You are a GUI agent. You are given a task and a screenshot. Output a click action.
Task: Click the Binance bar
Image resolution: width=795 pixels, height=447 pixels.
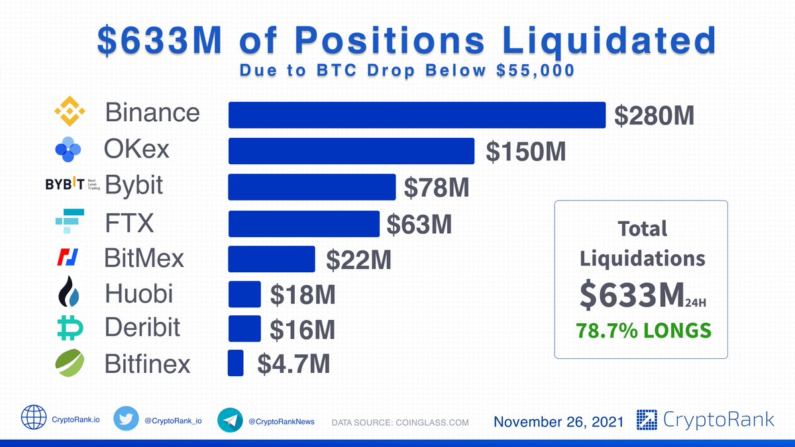(417, 115)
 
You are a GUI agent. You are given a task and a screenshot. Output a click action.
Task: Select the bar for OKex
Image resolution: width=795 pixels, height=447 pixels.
(351, 151)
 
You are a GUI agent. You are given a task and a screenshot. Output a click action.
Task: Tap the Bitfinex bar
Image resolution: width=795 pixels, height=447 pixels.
(236, 364)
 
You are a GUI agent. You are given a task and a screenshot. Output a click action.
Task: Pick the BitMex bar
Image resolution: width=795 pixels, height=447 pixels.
(272, 259)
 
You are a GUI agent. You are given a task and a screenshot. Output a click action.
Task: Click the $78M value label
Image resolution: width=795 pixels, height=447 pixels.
(437, 188)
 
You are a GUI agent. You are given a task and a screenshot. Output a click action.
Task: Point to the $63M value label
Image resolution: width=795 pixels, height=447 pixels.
(419, 224)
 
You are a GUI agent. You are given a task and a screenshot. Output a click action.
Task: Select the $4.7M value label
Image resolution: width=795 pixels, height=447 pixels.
(293, 364)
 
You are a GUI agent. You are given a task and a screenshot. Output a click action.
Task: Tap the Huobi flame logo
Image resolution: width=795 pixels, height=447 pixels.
(68, 293)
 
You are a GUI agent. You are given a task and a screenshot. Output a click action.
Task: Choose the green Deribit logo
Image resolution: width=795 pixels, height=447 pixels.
(68, 328)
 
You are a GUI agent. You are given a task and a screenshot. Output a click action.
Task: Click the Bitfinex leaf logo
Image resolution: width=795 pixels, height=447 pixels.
(68, 364)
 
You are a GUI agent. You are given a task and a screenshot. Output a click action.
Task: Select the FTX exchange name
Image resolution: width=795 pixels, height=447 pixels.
(129, 223)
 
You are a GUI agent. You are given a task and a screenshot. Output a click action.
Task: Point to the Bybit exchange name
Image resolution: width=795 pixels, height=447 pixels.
(134, 185)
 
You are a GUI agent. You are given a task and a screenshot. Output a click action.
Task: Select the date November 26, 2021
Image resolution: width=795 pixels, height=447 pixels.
(558, 422)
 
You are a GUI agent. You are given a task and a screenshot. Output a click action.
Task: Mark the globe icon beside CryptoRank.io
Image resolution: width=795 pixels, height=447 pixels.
(33, 420)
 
